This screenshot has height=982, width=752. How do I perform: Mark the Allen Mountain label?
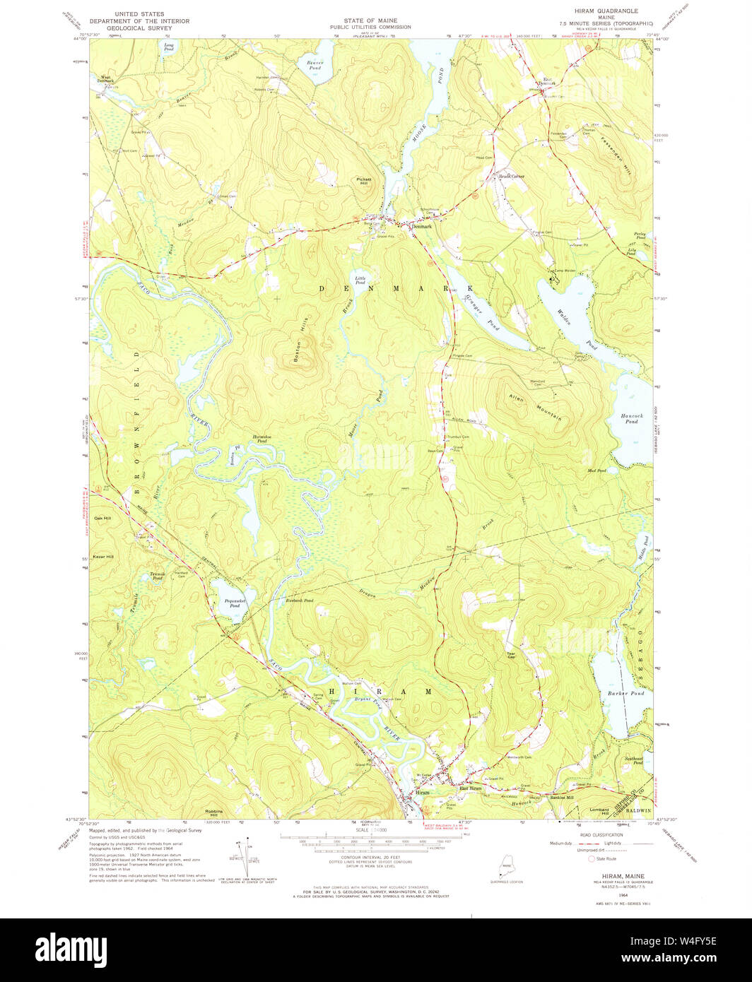[x=534, y=408]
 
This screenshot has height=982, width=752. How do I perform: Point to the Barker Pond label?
[x=625, y=694]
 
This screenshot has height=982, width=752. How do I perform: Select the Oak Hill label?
[x=103, y=518]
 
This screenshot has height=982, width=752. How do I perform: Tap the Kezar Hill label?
[x=105, y=557]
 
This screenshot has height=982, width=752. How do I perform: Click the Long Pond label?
[x=168, y=47]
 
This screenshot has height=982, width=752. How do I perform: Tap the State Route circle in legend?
[x=592, y=859]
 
